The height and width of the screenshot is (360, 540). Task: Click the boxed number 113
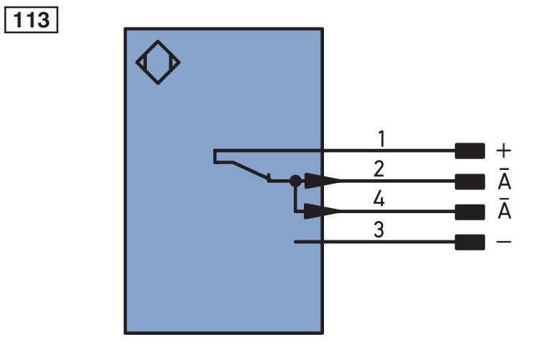pos(31,20)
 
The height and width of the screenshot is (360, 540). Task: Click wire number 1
pos(381,138)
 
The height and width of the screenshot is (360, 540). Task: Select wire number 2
pos(379,168)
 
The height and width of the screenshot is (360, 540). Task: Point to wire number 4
pos(379,199)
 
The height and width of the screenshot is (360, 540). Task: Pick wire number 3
pos(379,230)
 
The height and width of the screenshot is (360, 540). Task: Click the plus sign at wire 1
pos(503,151)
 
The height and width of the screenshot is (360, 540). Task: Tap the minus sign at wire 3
pos(503,242)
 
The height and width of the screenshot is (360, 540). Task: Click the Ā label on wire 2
pos(505,179)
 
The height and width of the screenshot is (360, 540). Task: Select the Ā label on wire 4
pos(505,209)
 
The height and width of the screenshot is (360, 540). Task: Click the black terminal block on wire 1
pos(469,151)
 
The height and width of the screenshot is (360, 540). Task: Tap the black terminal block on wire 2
pos(469,181)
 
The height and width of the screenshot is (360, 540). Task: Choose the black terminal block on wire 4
pos(469,212)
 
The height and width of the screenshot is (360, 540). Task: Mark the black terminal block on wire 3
pos(469,242)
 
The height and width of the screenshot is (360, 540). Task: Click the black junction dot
pos(295,181)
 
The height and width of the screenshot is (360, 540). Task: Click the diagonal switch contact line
pos(251,171)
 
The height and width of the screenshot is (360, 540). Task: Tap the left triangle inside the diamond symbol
pos(142,63)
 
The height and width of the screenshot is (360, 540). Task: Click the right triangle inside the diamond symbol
pos(174,63)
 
